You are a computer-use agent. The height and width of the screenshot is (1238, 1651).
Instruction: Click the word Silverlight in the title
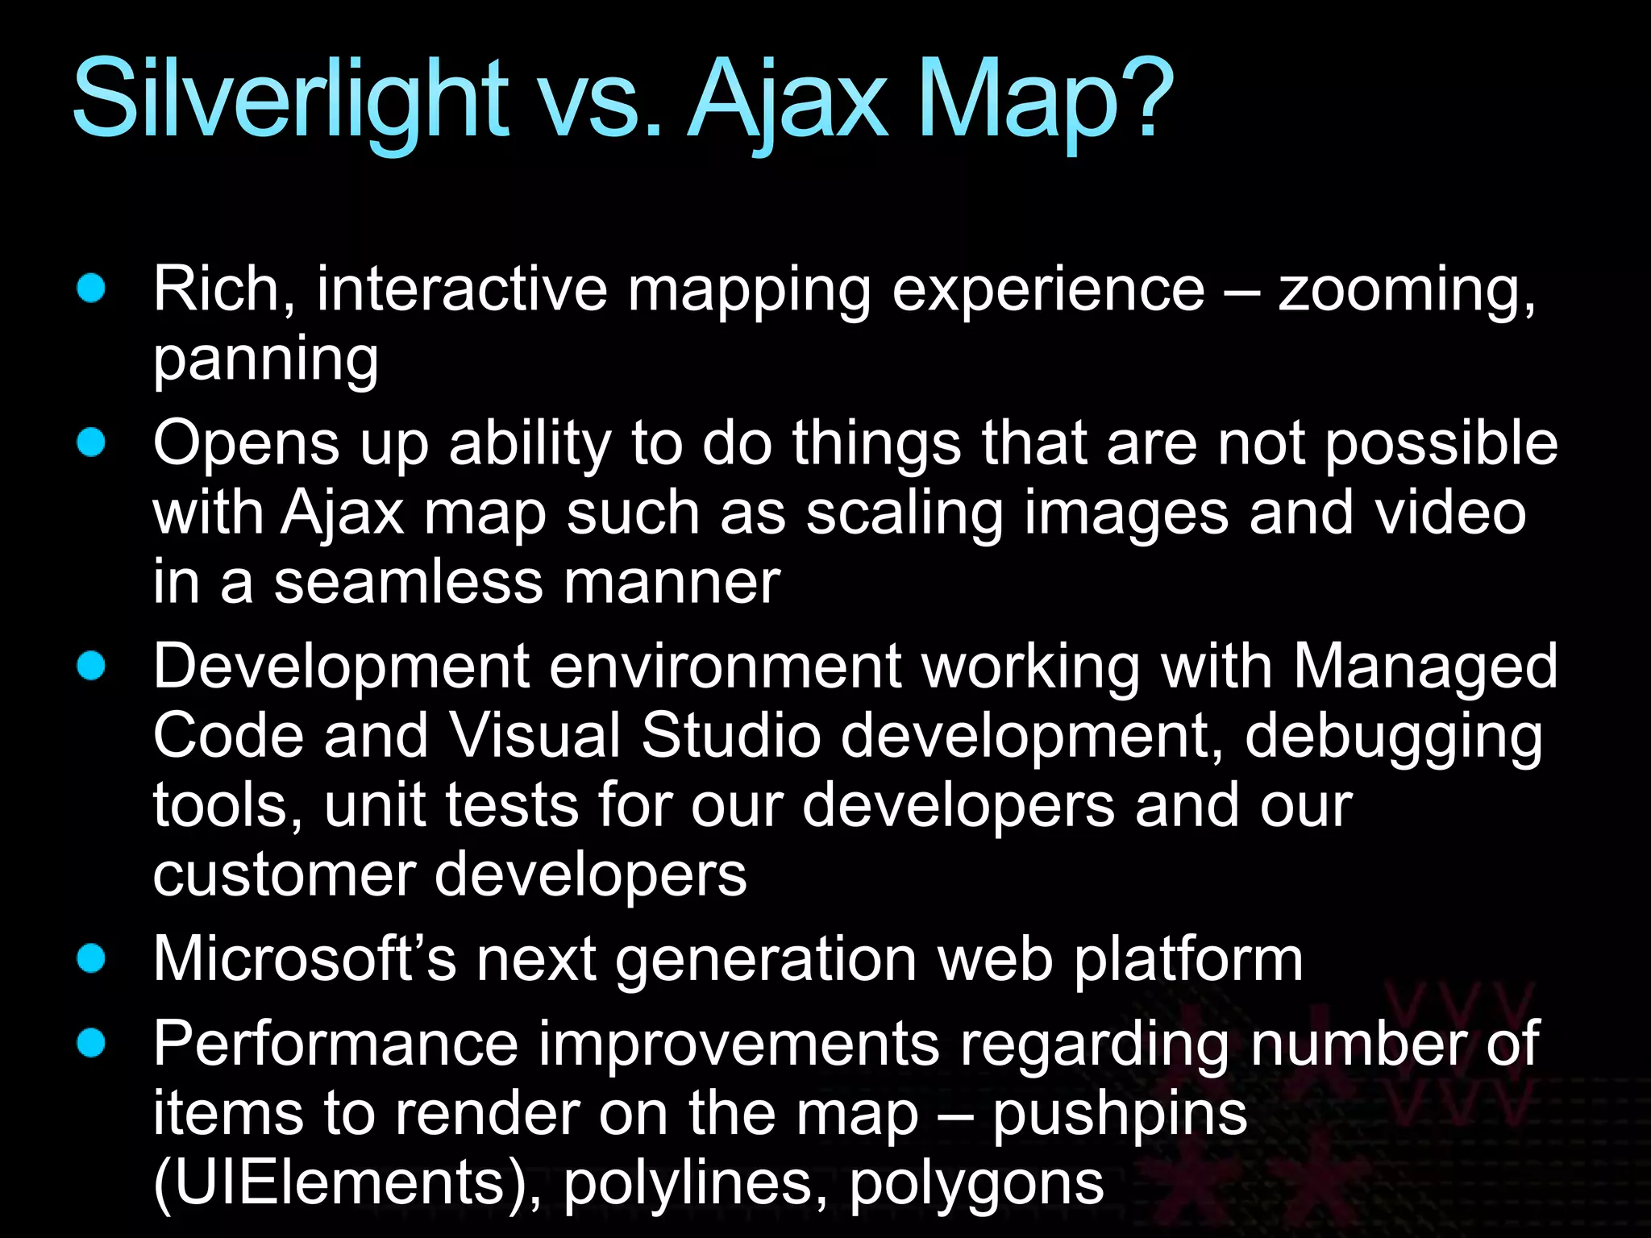click(x=290, y=101)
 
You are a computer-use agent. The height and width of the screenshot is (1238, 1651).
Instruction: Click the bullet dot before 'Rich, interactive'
click(x=92, y=288)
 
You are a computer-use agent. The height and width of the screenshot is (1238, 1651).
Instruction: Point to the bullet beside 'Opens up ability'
click(x=92, y=442)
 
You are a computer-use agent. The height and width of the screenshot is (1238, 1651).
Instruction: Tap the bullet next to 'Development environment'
click(x=92, y=666)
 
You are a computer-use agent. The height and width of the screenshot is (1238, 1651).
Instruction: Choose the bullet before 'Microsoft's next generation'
click(x=92, y=958)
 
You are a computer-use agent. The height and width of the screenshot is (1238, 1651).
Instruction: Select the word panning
click(x=266, y=359)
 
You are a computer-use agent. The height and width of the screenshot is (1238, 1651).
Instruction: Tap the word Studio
click(x=731, y=736)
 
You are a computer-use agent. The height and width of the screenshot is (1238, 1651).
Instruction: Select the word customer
click(x=283, y=875)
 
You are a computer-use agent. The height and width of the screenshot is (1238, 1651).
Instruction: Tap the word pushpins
click(x=1120, y=1115)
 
